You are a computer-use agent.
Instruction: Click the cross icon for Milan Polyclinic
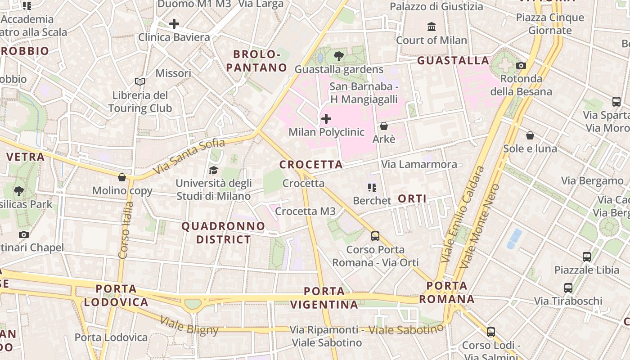click(x=326, y=119)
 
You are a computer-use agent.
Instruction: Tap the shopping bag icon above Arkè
click(x=384, y=126)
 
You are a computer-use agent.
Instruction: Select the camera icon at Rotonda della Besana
click(x=521, y=65)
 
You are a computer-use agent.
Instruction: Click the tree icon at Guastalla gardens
click(x=339, y=56)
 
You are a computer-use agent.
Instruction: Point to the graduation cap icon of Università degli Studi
click(x=213, y=170)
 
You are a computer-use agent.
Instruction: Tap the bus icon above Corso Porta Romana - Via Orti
click(x=375, y=236)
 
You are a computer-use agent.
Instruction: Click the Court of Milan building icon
click(x=432, y=27)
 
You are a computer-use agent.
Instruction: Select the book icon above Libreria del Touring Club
click(x=140, y=81)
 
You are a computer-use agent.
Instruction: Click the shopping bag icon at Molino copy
click(x=122, y=177)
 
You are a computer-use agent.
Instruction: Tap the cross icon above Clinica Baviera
click(x=174, y=24)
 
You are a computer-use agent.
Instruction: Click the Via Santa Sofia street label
click(x=189, y=157)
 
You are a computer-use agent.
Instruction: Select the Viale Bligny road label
click(x=189, y=326)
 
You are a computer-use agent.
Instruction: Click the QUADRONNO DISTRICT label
click(x=223, y=233)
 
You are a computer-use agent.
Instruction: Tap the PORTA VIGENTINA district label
click(x=324, y=298)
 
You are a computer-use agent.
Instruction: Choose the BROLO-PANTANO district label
click(x=256, y=61)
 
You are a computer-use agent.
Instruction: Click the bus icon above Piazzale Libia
click(x=587, y=257)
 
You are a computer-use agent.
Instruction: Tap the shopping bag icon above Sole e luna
click(x=530, y=135)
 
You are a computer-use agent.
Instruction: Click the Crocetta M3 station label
click(x=305, y=211)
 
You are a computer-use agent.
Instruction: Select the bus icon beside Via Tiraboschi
click(x=568, y=288)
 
